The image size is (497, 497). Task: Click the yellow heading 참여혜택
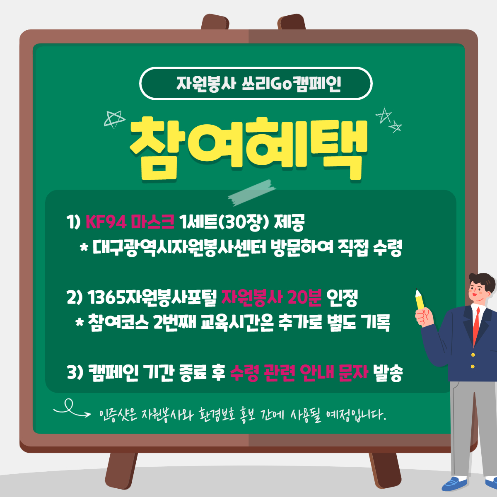click(x=248, y=149)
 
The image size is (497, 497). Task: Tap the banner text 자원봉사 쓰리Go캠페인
click(x=259, y=84)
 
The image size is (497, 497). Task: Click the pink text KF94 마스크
click(x=130, y=222)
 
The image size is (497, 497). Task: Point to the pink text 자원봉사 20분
click(x=272, y=297)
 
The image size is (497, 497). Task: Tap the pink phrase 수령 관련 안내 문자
click(x=299, y=373)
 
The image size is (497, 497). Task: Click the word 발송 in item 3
click(x=388, y=373)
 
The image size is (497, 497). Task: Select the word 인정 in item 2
click(x=342, y=298)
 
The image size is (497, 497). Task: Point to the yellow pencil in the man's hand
click(x=420, y=299)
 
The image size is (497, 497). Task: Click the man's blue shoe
click(x=454, y=483)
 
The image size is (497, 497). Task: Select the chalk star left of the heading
click(x=114, y=119)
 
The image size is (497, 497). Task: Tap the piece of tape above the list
click(x=251, y=193)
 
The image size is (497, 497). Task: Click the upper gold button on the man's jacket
click(x=473, y=355)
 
